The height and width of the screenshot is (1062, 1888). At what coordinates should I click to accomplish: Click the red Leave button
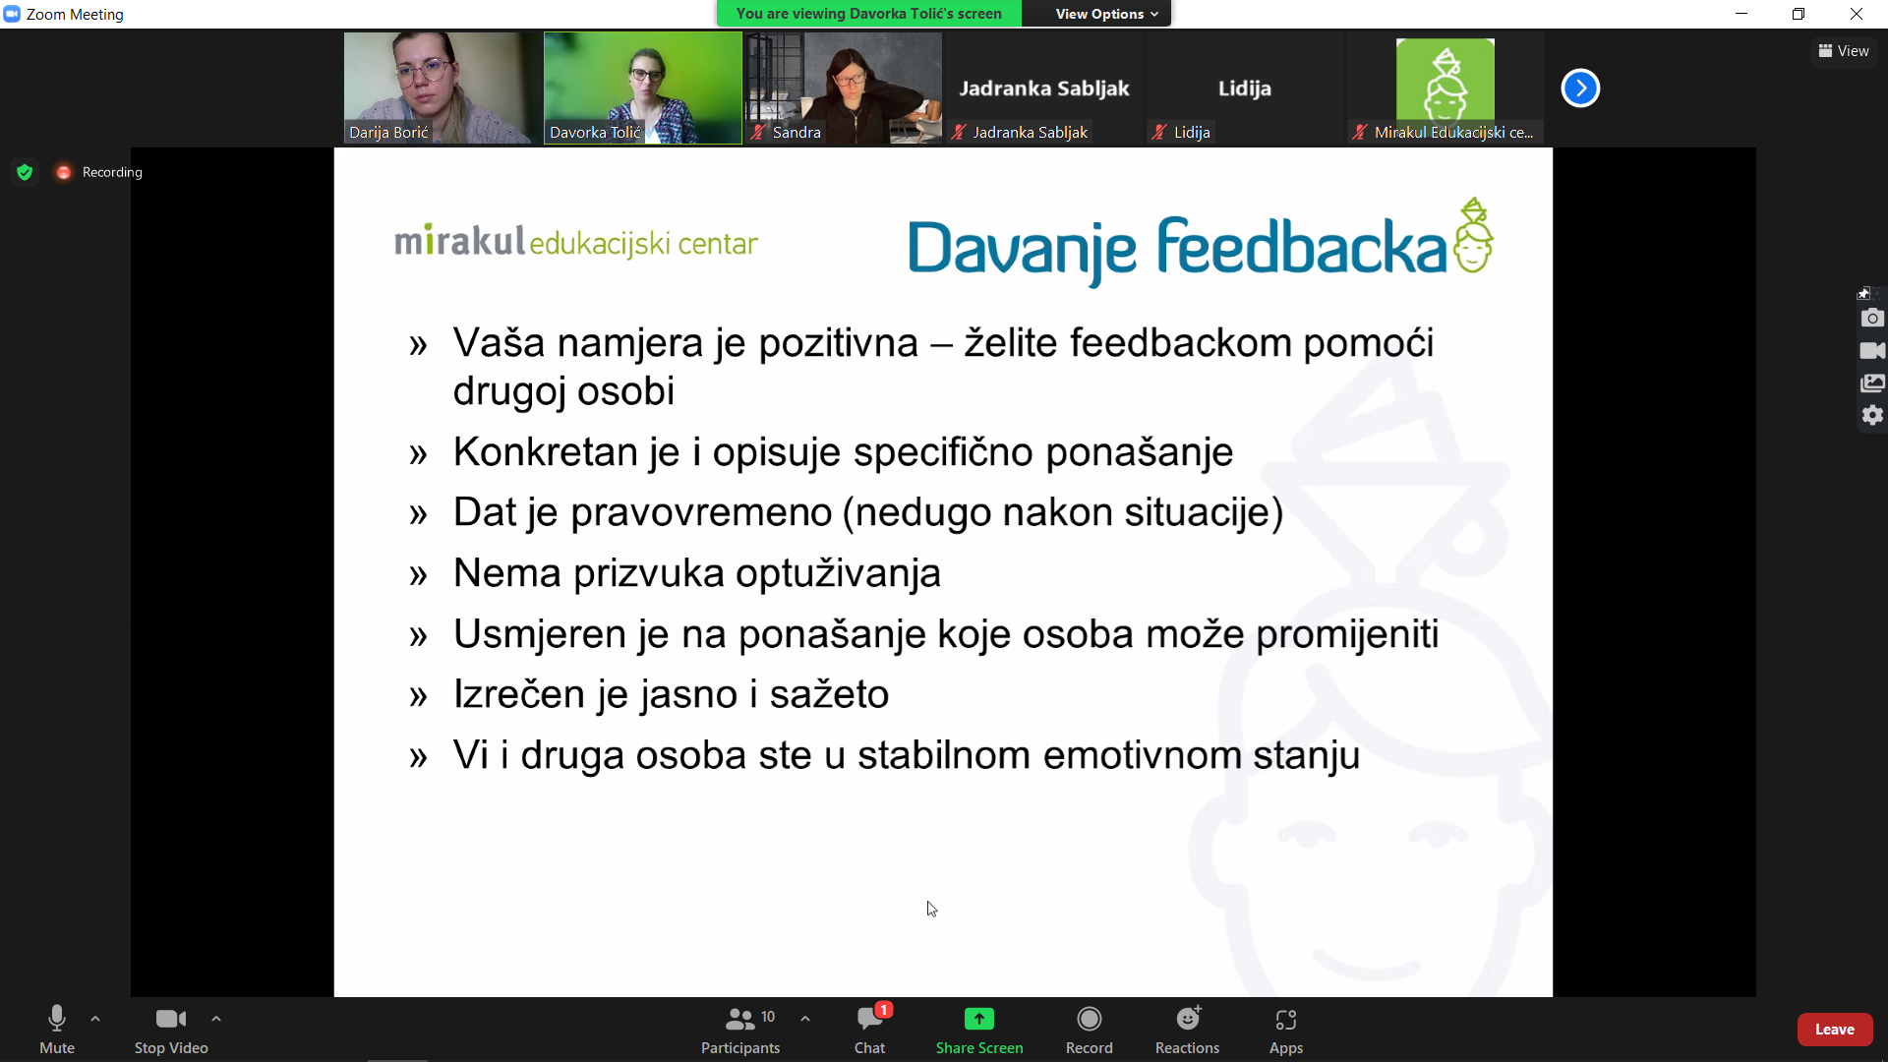1834,1030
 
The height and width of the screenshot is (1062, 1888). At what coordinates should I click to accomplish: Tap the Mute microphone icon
57,1019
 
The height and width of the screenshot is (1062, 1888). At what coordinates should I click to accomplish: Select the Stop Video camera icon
171,1019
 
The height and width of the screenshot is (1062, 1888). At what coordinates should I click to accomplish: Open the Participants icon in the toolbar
739,1019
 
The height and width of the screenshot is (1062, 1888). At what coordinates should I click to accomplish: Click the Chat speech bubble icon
869,1019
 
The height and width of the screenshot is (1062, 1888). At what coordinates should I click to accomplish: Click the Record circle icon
1090,1019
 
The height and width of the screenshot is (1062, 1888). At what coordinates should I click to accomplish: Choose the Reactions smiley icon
1188,1018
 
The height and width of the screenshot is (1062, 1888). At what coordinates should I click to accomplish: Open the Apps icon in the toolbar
1286,1020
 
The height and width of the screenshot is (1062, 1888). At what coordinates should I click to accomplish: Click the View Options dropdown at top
1106,14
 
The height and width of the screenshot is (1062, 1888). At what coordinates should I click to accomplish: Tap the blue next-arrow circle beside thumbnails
1580,88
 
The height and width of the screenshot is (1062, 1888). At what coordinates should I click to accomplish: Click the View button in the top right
1844,51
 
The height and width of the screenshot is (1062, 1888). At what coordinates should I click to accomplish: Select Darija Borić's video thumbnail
442,88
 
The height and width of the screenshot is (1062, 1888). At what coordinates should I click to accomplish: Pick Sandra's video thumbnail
844,88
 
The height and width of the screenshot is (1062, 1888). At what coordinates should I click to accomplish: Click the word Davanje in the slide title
1022,249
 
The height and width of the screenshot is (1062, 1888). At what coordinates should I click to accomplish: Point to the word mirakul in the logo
460,240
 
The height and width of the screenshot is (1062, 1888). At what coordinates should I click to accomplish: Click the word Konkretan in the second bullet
566,452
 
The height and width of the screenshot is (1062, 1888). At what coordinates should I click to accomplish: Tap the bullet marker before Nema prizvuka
419,574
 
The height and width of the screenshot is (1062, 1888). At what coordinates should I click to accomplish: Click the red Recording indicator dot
64,172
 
